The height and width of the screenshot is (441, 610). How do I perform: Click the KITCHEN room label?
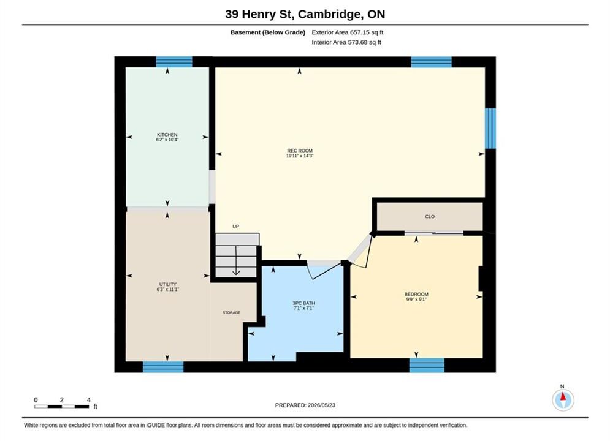coord(167,134)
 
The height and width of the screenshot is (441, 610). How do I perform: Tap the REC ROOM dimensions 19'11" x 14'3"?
coord(300,156)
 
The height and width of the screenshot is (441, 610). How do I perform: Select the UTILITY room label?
coord(167,284)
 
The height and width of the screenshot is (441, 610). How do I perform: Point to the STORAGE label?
coord(232,312)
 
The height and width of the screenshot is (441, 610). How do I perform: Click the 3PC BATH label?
coord(304,303)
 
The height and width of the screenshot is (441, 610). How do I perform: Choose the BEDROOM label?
coord(416,294)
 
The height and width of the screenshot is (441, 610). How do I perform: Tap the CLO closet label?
coord(430,216)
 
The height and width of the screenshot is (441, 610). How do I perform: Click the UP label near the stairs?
coord(236,226)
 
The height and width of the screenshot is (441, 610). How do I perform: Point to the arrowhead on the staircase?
coord(236,273)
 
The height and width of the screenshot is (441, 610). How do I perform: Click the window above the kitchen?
coord(174,62)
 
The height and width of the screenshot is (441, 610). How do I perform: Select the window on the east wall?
coord(490,128)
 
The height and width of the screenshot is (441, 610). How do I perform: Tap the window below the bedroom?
coord(427,365)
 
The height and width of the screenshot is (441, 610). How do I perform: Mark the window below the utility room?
coord(163,367)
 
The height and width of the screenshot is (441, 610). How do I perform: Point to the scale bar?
coord(61,407)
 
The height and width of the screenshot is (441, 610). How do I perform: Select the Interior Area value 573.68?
coord(357,42)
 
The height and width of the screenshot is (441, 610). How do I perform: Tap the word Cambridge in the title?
coord(329,14)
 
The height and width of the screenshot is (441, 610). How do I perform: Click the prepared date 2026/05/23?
coord(321,405)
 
